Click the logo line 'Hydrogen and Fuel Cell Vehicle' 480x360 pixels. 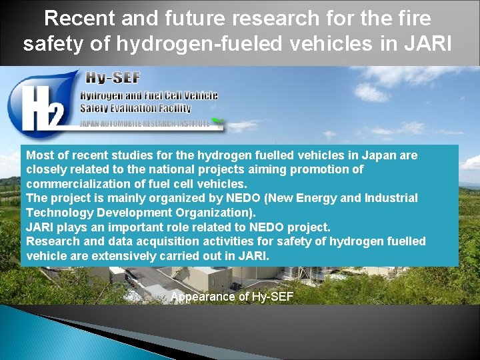coord(149,96)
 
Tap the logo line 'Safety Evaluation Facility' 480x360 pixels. coord(135,108)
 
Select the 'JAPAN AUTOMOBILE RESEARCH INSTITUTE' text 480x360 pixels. coord(145,123)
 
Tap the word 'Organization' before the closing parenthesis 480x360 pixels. coord(216,212)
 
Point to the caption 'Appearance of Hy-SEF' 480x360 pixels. coord(231,297)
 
